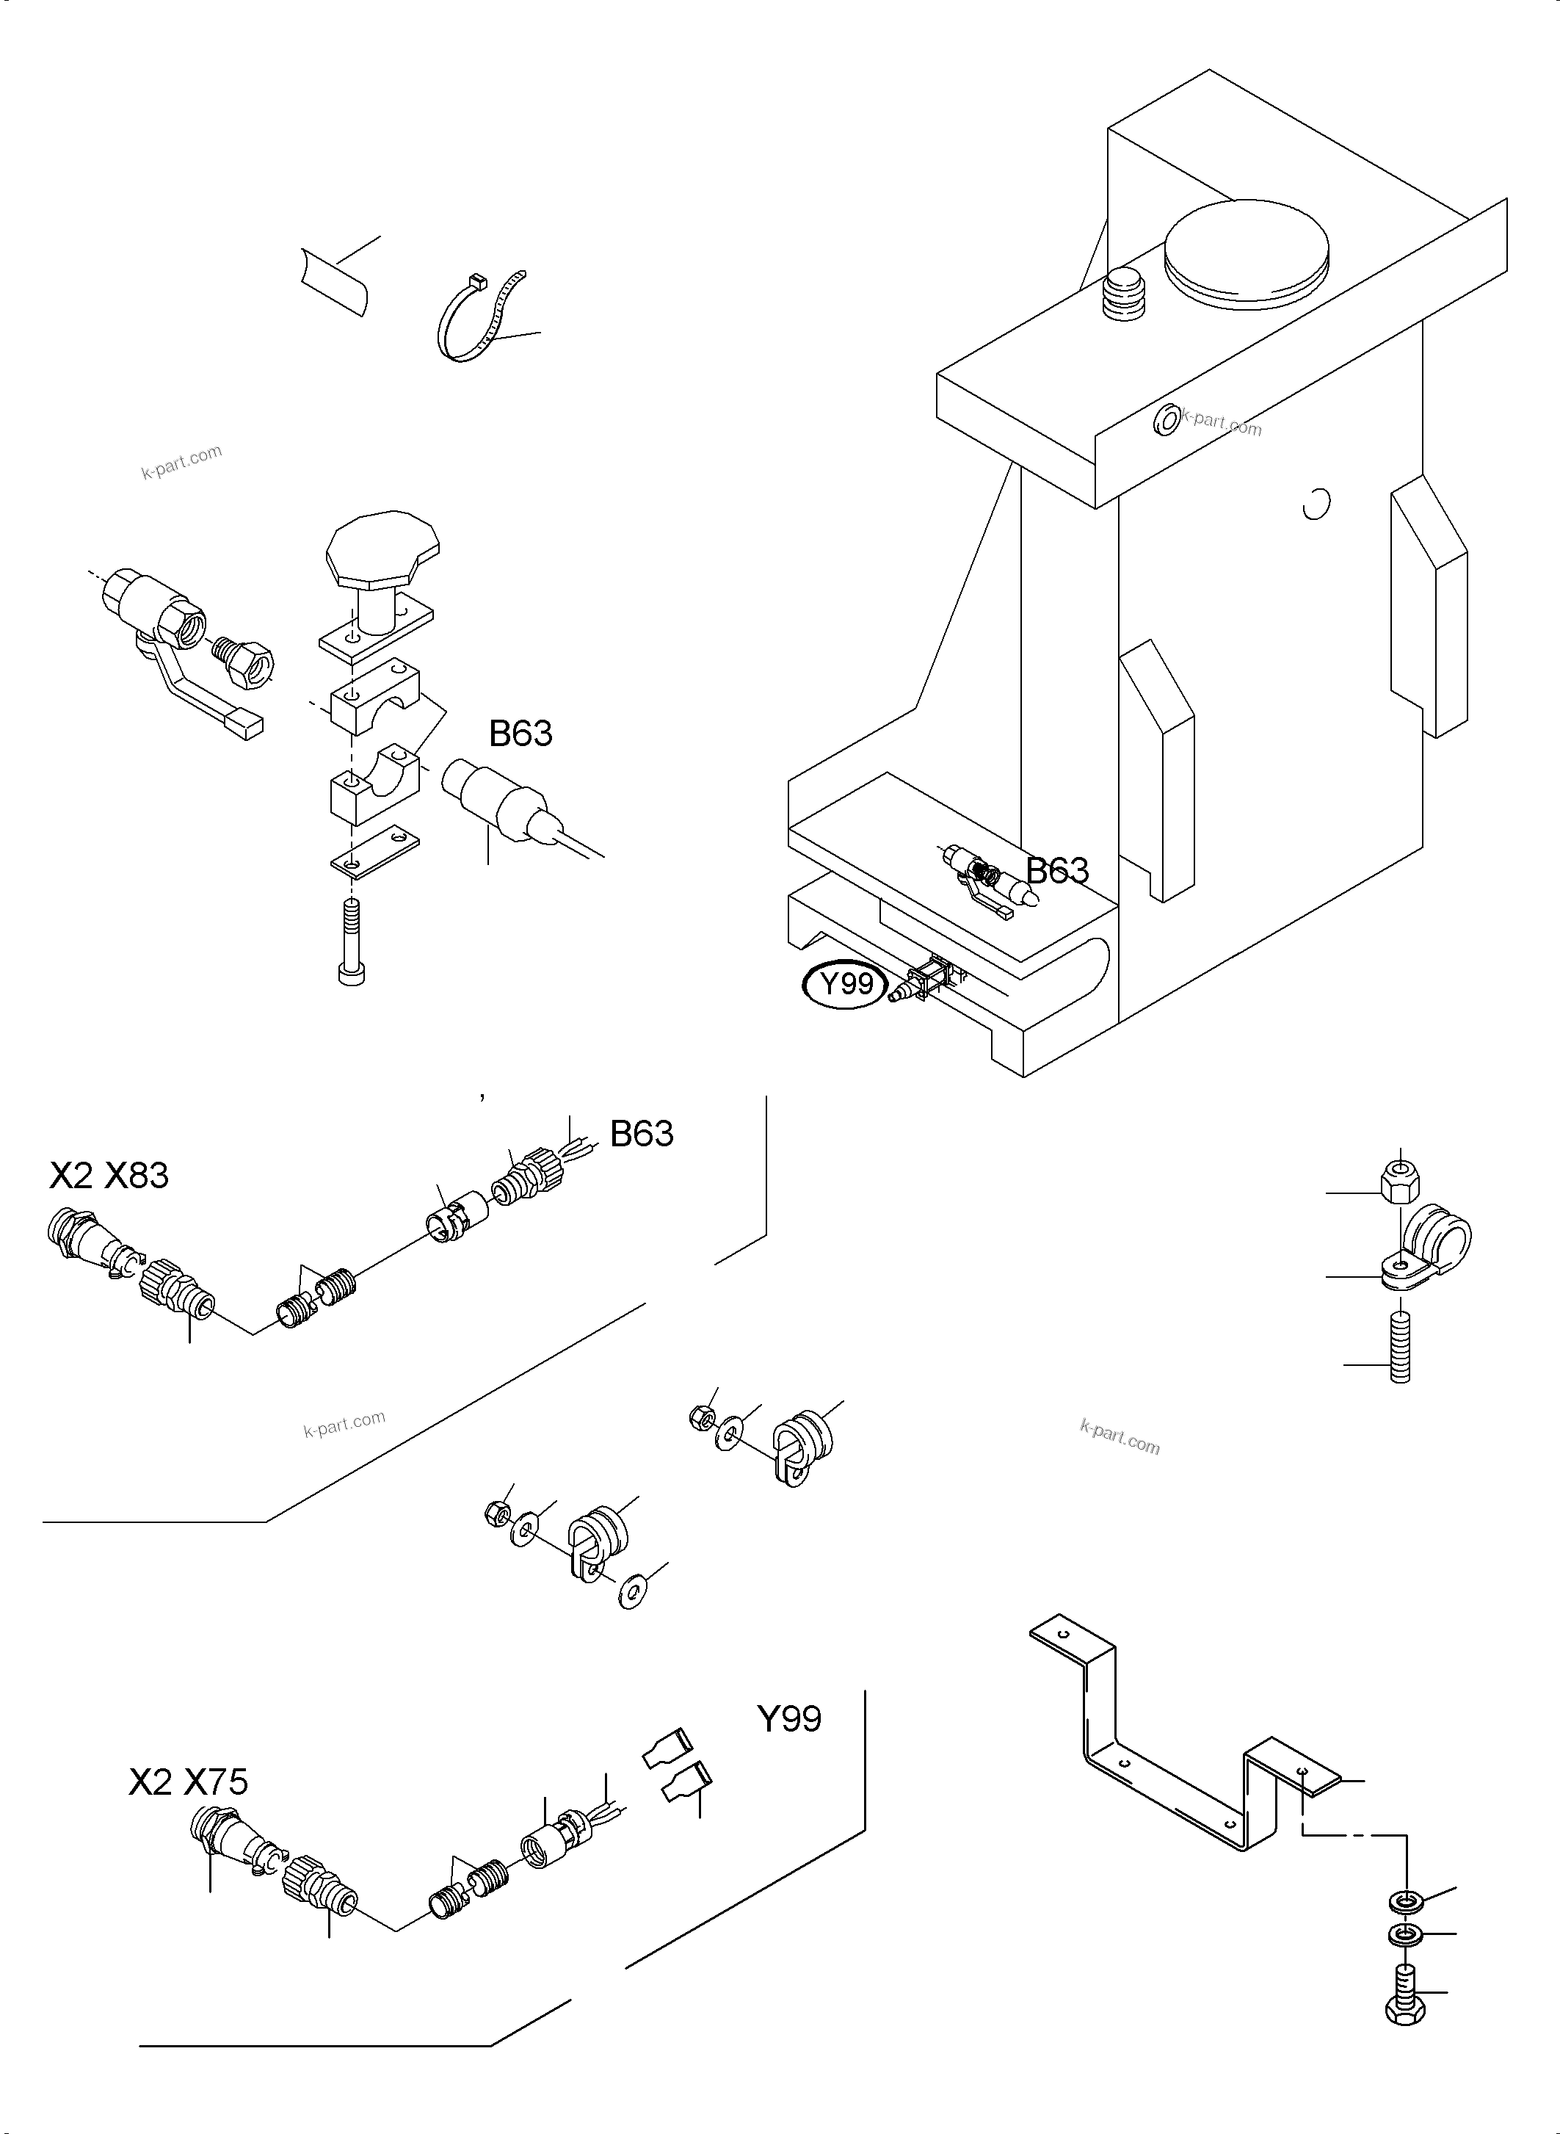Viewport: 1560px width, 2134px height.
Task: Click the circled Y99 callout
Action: point(845,985)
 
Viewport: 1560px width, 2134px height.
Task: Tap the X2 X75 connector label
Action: point(188,1782)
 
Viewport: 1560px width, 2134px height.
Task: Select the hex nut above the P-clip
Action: point(1398,1182)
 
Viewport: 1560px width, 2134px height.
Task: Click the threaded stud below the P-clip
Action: point(1399,1352)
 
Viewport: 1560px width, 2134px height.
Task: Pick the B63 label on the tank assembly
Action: point(1056,870)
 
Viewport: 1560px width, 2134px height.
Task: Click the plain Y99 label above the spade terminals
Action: point(788,1718)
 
